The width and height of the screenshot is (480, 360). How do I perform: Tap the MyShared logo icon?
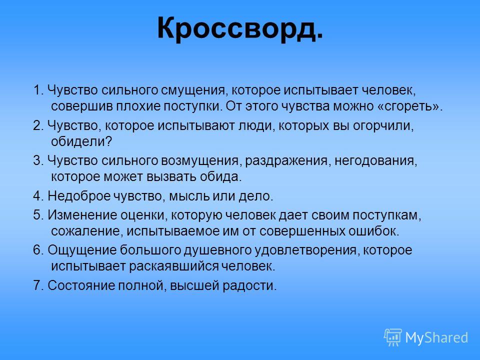click(x=393, y=337)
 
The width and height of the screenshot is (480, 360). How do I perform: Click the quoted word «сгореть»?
click(x=411, y=106)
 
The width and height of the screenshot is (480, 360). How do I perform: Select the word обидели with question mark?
click(x=81, y=141)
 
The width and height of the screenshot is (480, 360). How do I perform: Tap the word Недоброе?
click(x=79, y=196)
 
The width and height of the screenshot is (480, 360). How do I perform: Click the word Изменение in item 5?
click(x=82, y=215)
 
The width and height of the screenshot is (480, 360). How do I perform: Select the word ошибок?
click(x=374, y=231)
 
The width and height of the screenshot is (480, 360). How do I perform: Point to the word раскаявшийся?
click(x=173, y=266)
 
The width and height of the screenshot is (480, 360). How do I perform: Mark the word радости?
click(x=249, y=286)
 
